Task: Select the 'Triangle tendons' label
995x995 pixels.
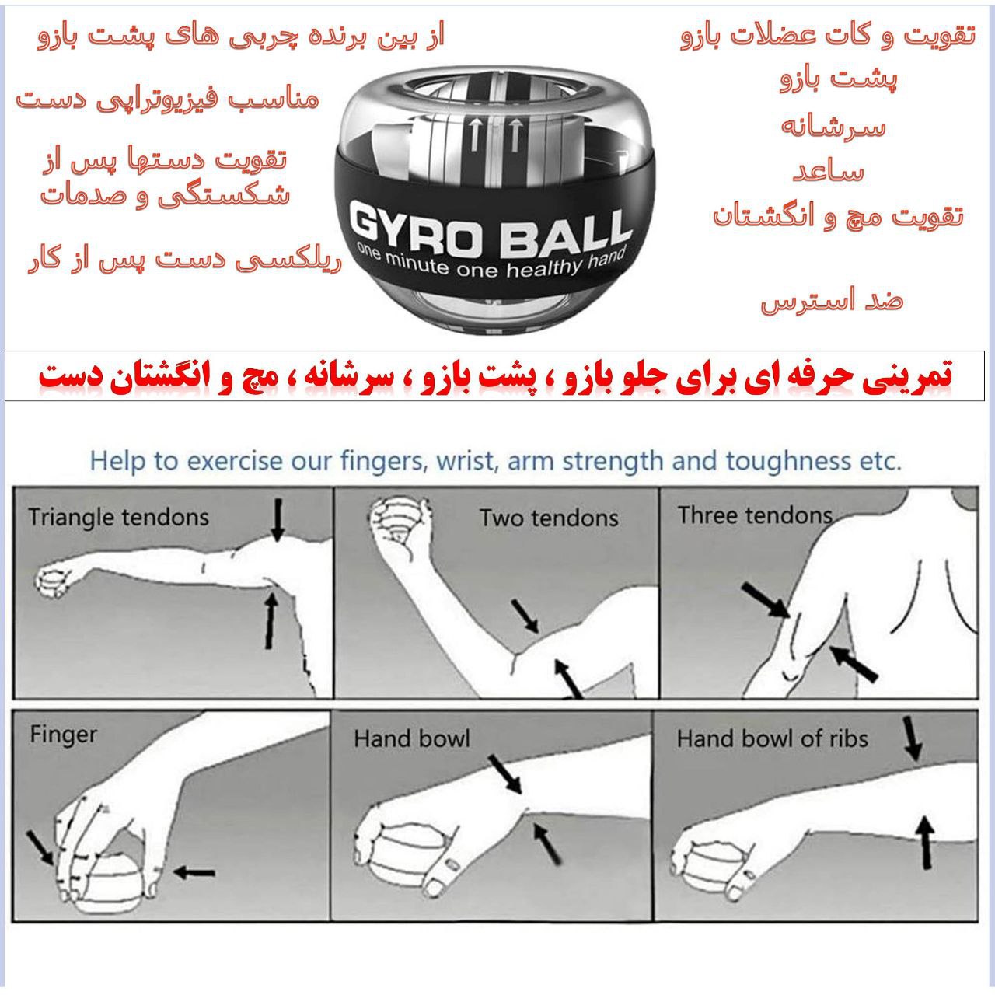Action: click(x=118, y=517)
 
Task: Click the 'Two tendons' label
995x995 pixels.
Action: click(x=548, y=518)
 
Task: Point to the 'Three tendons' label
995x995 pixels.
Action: click(x=754, y=515)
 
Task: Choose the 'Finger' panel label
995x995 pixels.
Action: click(x=63, y=734)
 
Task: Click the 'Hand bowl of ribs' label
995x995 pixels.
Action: click(x=771, y=738)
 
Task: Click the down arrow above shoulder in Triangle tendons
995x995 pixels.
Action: click(x=278, y=519)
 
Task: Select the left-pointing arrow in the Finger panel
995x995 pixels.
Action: click(x=194, y=873)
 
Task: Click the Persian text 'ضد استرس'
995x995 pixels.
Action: click(x=831, y=300)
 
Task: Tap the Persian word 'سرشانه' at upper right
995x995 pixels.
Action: click(x=833, y=126)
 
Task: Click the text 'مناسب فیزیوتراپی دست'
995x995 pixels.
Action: click(x=167, y=99)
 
